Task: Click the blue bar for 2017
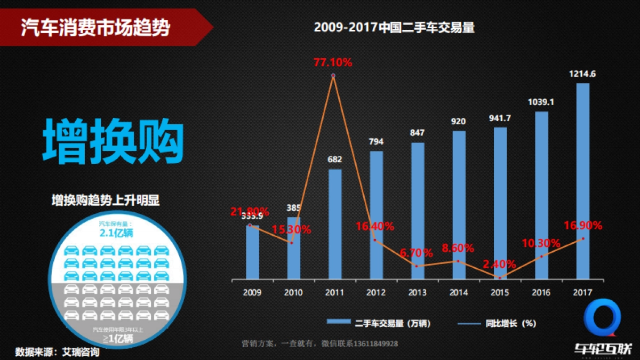point(583,181)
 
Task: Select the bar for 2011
point(335,224)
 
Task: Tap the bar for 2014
point(459,205)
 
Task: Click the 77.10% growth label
point(333,62)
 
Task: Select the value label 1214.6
point(583,74)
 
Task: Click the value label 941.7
point(500,118)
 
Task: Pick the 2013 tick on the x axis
point(417,292)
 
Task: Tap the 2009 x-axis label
point(252,292)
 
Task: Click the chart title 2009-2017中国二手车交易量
point(394,28)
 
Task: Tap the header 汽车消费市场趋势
point(95,27)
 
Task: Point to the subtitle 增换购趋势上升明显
point(106,201)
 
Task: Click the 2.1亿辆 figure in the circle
point(116,233)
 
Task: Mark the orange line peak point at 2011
point(333,76)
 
